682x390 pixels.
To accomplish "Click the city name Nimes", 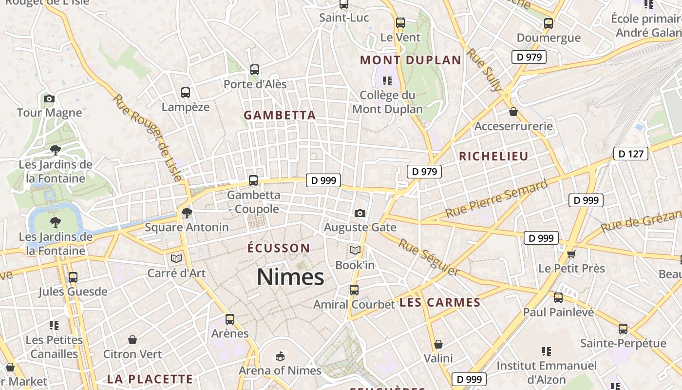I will pos(290,277).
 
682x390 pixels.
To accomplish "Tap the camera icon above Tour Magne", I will pos(49,99).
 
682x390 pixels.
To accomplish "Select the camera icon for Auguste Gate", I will pos(360,213).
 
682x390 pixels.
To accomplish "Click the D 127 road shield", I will pos(631,154).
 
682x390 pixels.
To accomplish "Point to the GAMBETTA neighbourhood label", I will pos(280,116).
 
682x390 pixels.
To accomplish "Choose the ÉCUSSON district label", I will pos(279,248).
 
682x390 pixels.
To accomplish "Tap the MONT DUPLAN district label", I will pos(410,60).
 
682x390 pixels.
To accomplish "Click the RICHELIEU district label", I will pos(493,156).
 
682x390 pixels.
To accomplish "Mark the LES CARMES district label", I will pos(440,303).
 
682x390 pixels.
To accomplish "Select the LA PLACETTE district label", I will pos(150,379).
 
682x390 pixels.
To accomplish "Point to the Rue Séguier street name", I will pos(429,257).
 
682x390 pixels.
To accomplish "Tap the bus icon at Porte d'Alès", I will pos(255,70).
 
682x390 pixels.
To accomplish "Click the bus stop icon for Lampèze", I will pos(185,93).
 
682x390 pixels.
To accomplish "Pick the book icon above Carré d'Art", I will pos(176,258).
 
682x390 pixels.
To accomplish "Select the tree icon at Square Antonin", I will pos(187,213).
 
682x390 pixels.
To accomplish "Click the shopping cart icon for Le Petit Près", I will pos(571,254).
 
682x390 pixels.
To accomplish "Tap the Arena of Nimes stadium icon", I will pos(280,356).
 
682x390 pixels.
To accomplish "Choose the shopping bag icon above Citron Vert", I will pos(132,339).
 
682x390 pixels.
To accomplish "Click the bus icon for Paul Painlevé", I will pos(558,297).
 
